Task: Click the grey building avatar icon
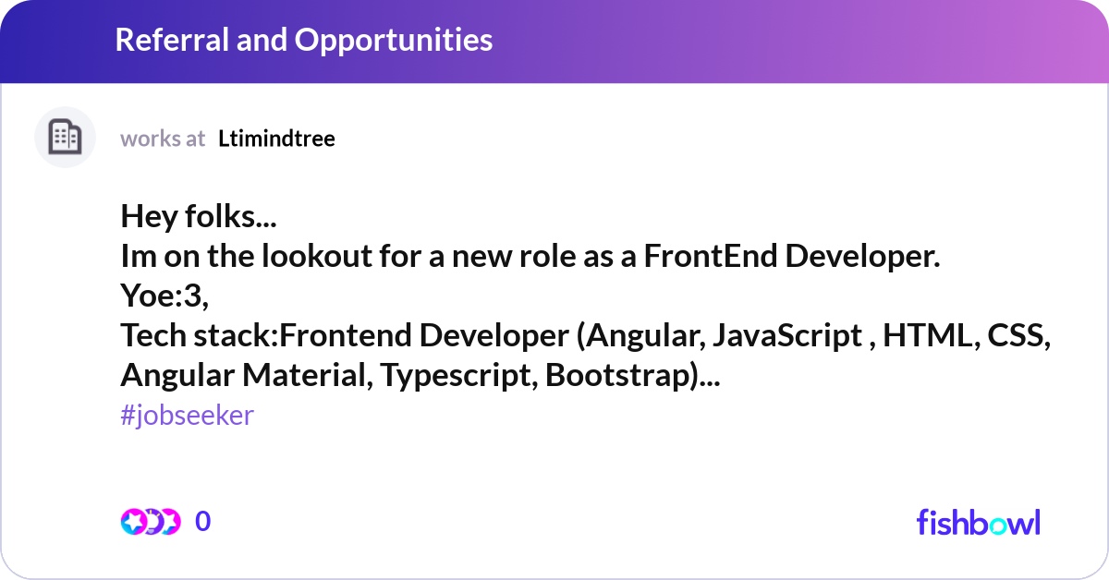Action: (65, 138)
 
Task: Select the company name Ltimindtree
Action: (276, 139)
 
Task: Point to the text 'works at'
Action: (163, 139)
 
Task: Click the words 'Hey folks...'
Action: (199, 218)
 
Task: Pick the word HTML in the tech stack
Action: (927, 336)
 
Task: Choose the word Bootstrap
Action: (618, 376)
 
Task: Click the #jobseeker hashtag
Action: (187, 416)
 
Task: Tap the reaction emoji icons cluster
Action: (150, 522)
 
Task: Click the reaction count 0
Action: (203, 522)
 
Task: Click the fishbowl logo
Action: (978, 522)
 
